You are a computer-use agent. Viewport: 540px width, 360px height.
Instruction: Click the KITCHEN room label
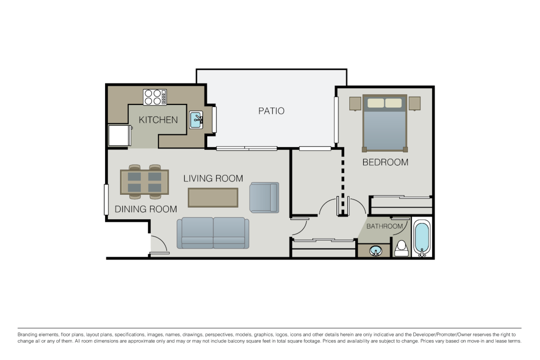tap(158, 120)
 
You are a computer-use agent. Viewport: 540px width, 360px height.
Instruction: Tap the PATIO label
tap(271, 111)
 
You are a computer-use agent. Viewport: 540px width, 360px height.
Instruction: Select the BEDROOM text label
tap(385, 162)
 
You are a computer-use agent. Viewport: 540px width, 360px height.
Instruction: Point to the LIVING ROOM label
tap(213, 178)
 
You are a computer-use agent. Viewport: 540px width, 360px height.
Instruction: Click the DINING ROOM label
tap(146, 209)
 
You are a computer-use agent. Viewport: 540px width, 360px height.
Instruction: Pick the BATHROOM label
tap(384, 226)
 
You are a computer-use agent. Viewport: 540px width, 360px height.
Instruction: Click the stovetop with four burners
tap(155, 97)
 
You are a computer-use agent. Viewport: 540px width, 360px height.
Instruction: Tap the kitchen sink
tap(196, 120)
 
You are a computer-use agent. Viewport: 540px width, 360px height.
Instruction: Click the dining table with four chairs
tap(144, 182)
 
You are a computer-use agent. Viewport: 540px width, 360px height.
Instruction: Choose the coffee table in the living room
tap(213, 197)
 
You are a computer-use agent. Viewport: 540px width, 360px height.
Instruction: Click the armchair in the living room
tap(264, 197)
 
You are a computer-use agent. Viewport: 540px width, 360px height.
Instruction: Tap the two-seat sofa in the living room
tap(213, 232)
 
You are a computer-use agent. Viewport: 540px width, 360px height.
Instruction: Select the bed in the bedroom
tap(385, 123)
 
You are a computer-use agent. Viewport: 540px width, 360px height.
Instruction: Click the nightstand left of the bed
tap(355, 103)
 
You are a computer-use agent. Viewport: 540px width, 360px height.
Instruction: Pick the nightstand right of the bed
tap(414, 103)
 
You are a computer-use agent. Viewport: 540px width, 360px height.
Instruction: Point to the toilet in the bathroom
tap(402, 248)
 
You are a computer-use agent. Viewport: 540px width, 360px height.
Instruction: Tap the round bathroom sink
tap(375, 250)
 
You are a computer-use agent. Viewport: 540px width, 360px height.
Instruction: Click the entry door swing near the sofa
tap(158, 244)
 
